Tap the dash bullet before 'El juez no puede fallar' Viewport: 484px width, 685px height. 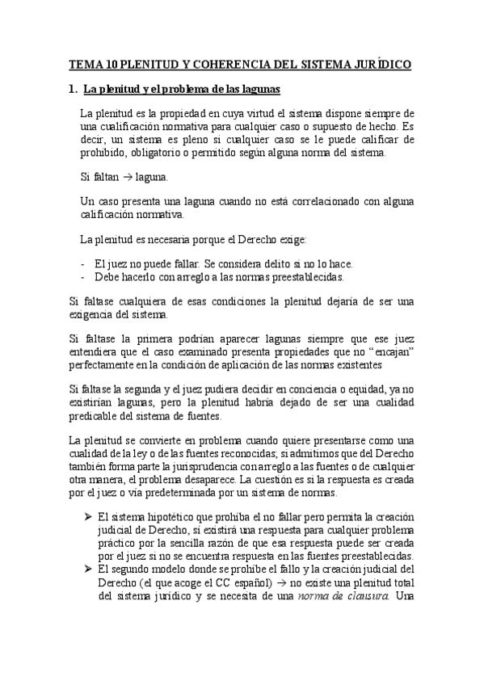pyautogui.click(x=84, y=264)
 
